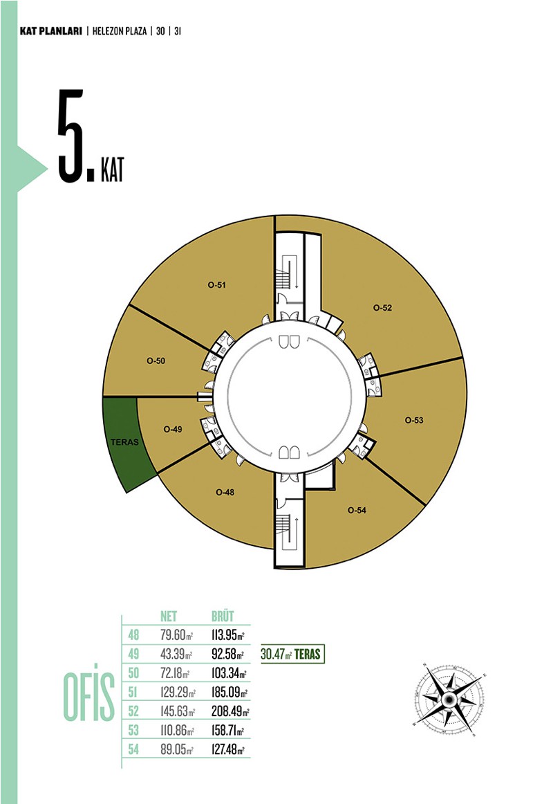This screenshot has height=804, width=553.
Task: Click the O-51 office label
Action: pyautogui.click(x=216, y=285)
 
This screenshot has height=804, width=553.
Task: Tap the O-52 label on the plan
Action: pyautogui.click(x=382, y=308)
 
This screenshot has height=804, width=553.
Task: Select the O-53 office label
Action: pyautogui.click(x=414, y=420)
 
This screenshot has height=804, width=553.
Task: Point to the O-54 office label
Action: pyautogui.click(x=357, y=510)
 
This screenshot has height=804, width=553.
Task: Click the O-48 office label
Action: pyautogui.click(x=225, y=492)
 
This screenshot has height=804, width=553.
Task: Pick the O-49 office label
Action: pyautogui.click(x=173, y=429)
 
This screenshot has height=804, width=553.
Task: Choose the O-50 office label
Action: pyautogui.click(x=156, y=360)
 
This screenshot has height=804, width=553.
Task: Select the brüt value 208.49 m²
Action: pyautogui.click(x=230, y=711)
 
